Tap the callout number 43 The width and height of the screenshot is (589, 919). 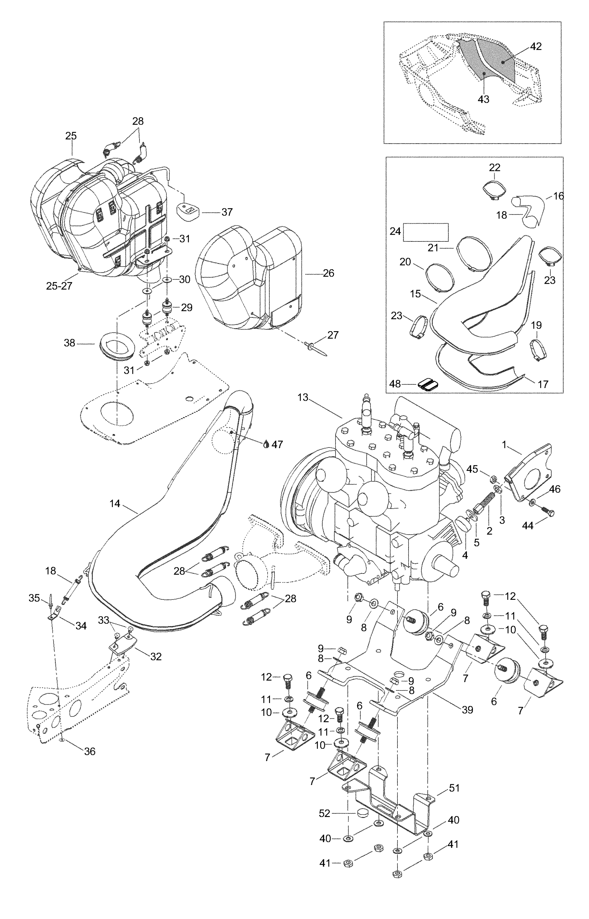pos(484,99)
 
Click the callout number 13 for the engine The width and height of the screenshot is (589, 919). pos(302,398)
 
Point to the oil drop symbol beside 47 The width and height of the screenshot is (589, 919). pos(267,444)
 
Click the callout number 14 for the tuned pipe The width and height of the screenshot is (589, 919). pos(115,504)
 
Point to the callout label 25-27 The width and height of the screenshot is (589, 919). pos(59,286)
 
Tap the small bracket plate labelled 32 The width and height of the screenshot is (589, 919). pos(122,643)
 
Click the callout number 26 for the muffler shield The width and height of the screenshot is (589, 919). pos(329,273)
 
